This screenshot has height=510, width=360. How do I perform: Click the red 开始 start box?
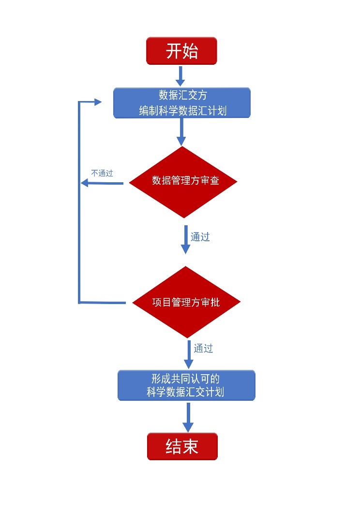point(181,51)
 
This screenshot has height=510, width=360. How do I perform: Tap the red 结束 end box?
point(182,446)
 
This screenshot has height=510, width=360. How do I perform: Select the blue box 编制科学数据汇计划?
point(182,103)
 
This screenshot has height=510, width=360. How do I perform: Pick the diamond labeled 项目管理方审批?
point(186,302)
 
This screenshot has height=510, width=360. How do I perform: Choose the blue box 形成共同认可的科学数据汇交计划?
point(186,385)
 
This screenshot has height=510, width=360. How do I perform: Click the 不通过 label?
point(102,173)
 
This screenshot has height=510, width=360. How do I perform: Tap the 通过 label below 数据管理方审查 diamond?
point(200,237)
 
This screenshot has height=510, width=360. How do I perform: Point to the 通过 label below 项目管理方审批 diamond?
point(203,348)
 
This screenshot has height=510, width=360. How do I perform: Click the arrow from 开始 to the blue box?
point(181,76)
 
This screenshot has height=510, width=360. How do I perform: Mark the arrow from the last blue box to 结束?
point(188,417)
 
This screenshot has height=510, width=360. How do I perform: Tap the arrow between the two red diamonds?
point(185,240)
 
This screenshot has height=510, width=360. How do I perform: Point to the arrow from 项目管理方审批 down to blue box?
point(189,355)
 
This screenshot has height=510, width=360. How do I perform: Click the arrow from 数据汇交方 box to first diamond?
point(181,131)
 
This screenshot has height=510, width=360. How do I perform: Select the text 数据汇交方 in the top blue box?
point(182,95)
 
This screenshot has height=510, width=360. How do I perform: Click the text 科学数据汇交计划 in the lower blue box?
point(185,392)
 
